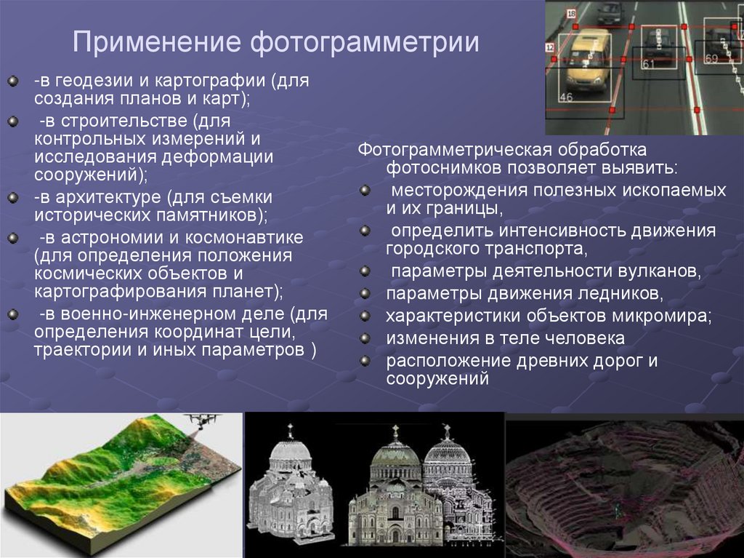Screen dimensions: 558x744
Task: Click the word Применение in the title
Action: pyautogui.click(x=156, y=41)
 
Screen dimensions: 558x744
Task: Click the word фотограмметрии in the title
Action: pyautogui.click(x=365, y=41)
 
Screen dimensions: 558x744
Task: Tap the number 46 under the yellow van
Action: pyautogui.click(x=566, y=96)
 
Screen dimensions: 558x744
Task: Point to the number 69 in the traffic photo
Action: pyautogui.click(x=711, y=57)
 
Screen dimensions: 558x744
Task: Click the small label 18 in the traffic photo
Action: pyautogui.click(x=571, y=14)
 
